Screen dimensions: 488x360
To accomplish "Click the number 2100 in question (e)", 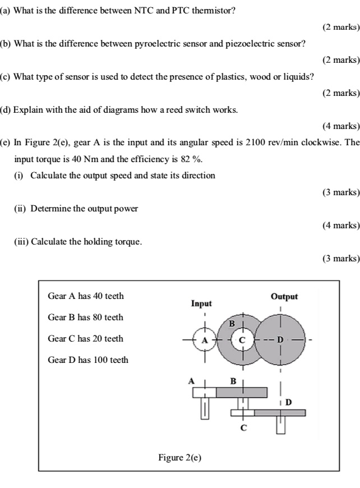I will pos(256,142).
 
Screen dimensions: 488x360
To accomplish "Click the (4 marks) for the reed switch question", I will pos(341,126).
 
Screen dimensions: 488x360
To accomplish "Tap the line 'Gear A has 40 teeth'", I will pos(86,296).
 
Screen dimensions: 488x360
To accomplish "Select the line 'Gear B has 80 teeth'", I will pos(85,317).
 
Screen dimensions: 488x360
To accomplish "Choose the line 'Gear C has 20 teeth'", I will pos(85,339).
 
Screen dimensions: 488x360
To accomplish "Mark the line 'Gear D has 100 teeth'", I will pos(88,360).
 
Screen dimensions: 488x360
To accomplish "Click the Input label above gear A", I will pos(201,303).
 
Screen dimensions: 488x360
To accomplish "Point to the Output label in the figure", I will pos(284,296).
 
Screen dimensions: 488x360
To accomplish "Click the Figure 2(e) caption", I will pos(179,458).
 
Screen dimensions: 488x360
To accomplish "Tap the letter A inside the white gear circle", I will pos(205,340).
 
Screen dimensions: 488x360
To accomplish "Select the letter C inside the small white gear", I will pos(243,340).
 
